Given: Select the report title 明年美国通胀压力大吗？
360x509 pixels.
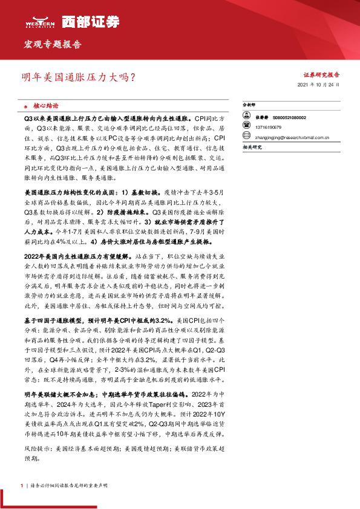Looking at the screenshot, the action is [x=79, y=77].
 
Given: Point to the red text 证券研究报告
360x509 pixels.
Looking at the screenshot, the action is [x=321, y=75].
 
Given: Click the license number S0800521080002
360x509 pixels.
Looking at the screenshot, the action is [x=289, y=118].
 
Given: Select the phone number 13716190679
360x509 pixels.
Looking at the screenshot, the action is [x=268, y=128].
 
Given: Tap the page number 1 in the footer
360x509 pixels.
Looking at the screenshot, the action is [x=22, y=485].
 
